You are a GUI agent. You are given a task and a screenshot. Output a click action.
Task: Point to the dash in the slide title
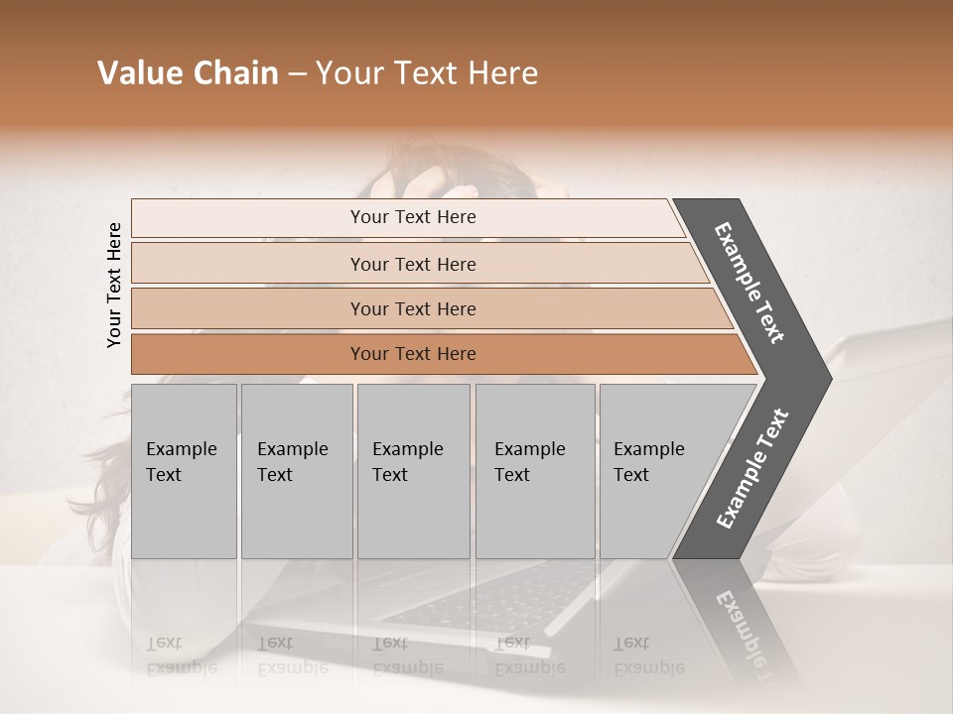pos(297,74)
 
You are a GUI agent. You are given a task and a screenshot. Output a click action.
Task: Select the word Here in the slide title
pos(501,73)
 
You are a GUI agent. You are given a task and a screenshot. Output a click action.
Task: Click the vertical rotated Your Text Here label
pos(114,285)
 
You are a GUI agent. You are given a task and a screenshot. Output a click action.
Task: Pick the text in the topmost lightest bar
pos(413,217)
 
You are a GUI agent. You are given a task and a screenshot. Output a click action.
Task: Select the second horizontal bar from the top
pos(413,264)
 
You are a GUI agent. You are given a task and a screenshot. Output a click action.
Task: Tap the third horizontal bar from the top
pos(413,308)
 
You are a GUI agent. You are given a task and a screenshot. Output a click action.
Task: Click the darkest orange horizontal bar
pos(413,354)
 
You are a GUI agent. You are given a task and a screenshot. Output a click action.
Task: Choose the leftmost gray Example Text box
pos(184,471)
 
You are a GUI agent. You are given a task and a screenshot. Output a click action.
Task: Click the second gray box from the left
pos(296,471)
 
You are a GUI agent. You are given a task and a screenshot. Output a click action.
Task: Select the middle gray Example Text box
pos(413,471)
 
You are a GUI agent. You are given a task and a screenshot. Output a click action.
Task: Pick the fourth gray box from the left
pos(534,471)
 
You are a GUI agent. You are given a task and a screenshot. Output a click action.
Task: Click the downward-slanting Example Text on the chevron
pos(749,283)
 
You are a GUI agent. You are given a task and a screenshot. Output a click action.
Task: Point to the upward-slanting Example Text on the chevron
pos(751,469)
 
